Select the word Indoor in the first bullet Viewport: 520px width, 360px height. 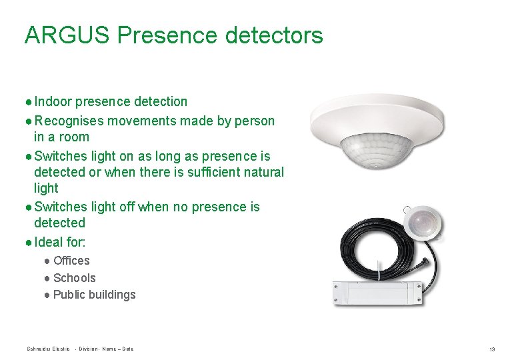tap(53, 102)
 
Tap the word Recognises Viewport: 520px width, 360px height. tap(69, 121)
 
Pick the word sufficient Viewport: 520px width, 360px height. tap(209, 173)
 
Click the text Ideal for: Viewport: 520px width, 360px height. tap(59, 242)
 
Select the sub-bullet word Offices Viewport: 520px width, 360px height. tap(71, 261)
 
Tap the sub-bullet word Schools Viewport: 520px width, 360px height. tap(74, 278)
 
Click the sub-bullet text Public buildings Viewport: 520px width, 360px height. tap(94, 295)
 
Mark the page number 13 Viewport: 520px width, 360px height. tap(492, 349)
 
